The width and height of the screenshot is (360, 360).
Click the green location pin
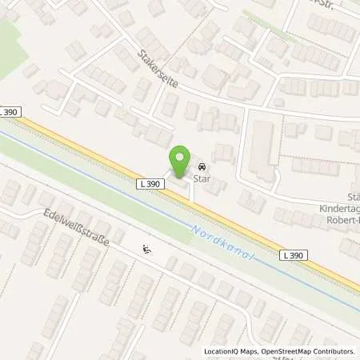pos(182,158)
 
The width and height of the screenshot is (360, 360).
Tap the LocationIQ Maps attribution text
pos(232,351)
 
